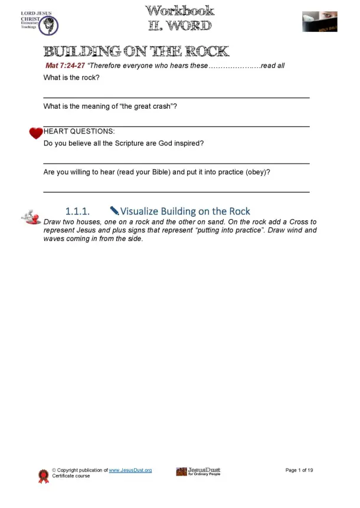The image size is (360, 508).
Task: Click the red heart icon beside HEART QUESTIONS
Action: tap(36, 133)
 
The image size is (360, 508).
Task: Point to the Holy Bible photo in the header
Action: tap(319, 21)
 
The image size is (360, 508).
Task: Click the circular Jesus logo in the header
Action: tap(50, 25)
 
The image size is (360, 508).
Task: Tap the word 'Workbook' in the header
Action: tap(179, 11)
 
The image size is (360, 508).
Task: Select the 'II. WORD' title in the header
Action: tap(179, 25)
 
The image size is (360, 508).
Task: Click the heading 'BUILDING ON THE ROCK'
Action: tap(136, 51)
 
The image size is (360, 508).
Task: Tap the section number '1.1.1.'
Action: tap(77, 211)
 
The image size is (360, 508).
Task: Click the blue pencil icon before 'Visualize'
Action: tap(114, 210)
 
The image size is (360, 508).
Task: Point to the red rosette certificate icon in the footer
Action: tap(42, 476)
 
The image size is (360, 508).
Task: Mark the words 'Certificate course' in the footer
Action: tap(71, 476)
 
